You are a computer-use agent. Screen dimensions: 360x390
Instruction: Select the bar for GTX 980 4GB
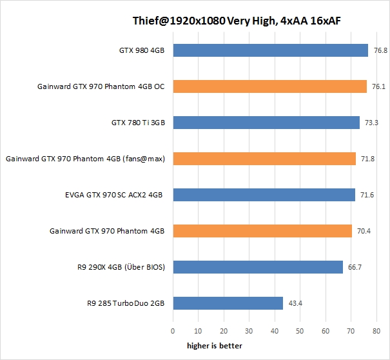click(x=270, y=50)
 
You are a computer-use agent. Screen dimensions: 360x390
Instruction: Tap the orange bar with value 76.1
click(x=269, y=86)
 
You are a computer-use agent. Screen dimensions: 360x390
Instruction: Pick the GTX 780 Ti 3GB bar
click(x=266, y=123)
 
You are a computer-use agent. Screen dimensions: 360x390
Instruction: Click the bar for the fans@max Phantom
click(x=264, y=159)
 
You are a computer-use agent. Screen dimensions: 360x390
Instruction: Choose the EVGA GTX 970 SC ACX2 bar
click(x=264, y=195)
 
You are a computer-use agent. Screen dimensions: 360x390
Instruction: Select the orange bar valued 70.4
click(x=262, y=231)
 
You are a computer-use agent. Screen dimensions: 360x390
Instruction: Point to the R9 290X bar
click(x=258, y=267)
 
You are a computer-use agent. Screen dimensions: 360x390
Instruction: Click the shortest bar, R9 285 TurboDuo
click(x=228, y=303)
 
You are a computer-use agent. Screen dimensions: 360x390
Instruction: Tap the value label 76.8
click(x=380, y=50)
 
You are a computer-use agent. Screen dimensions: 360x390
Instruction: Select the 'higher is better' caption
click(x=215, y=346)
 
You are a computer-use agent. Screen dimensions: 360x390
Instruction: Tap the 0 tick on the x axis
click(x=173, y=331)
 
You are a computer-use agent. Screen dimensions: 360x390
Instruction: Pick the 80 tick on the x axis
click(x=374, y=331)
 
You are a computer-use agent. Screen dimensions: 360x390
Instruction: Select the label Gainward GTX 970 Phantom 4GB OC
click(x=101, y=86)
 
